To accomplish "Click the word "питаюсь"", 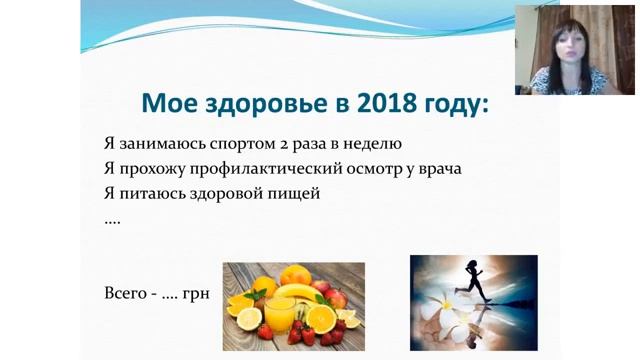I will point(153,193).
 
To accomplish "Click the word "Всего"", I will point(125,294).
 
